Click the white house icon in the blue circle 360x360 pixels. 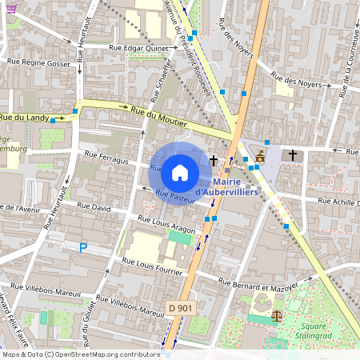(179, 172)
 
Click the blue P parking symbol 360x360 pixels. (82, 250)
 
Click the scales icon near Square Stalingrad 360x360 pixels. (276, 314)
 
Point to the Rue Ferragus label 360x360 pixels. (103, 161)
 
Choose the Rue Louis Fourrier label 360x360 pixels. (152, 263)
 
